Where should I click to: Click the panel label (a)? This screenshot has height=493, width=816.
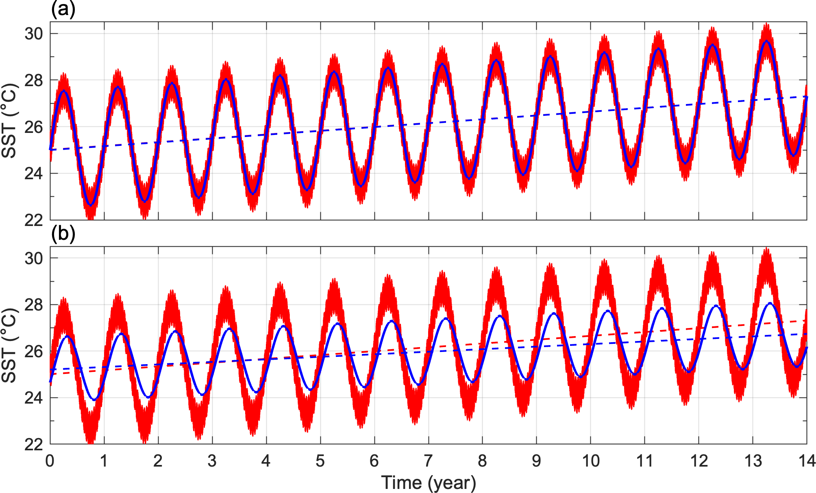63,9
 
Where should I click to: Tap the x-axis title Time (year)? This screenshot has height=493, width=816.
429,483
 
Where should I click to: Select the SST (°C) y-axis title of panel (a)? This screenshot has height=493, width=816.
9,121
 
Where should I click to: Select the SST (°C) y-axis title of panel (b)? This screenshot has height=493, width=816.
9,345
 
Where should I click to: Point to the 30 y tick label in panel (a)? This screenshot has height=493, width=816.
34,34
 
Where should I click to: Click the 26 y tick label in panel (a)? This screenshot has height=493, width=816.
34,127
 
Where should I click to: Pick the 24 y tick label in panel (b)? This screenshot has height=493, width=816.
34,398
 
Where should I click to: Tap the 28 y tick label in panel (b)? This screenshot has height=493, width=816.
34,305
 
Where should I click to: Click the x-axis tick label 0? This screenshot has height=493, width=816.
50,461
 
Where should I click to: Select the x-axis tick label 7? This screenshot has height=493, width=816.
429,461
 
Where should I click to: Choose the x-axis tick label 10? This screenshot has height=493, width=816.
590,461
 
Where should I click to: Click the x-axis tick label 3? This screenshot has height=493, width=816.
212,461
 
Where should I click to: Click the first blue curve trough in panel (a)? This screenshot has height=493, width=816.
91,205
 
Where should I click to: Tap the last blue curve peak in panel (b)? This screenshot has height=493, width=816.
770,303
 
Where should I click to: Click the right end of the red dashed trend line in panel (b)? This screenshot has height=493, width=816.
806,321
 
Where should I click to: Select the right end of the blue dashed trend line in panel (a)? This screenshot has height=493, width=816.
806,97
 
